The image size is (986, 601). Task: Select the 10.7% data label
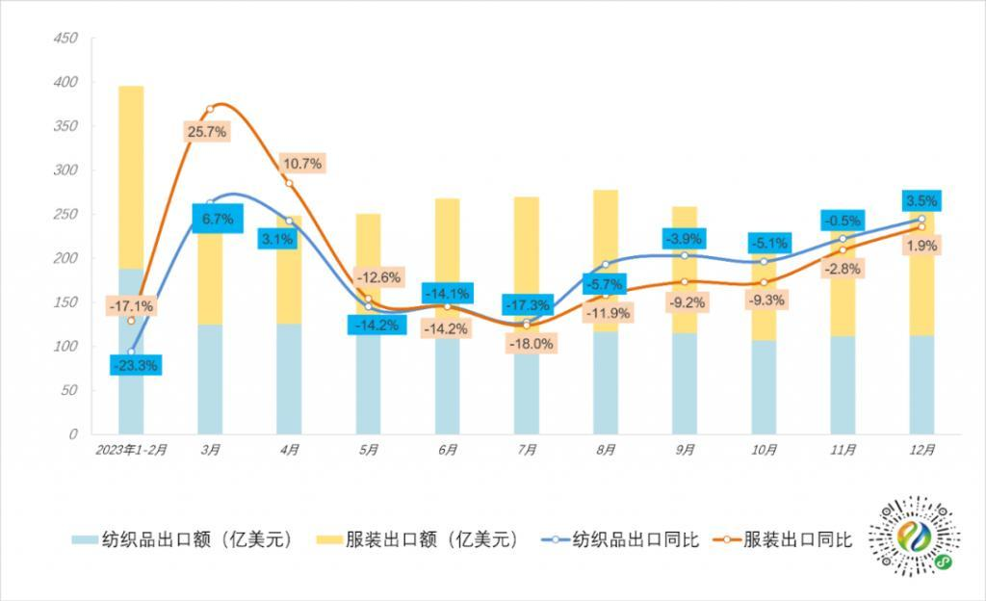click(301, 163)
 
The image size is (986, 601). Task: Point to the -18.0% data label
click(531, 343)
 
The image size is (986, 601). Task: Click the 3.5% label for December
click(921, 201)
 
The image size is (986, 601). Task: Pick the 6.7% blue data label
click(219, 219)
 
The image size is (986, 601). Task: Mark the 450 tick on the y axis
click(65, 39)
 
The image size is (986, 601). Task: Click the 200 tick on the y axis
click(65, 258)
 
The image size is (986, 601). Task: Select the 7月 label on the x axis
click(526, 450)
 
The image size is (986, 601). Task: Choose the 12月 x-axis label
click(921, 450)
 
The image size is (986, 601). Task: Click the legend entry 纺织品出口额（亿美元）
click(182, 539)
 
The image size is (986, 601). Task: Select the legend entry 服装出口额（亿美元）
click(419, 539)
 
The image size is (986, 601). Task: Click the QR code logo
click(914, 540)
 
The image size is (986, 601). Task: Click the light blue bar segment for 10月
click(764, 386)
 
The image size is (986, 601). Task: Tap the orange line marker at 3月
click(210, 109)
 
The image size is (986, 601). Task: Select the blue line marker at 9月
click(685, 255)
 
